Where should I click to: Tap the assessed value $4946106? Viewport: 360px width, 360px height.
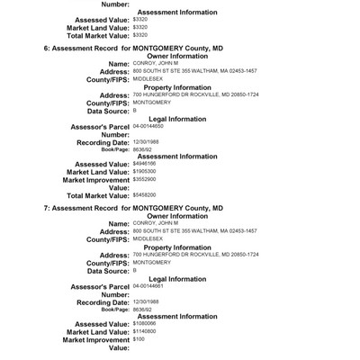[144, 163]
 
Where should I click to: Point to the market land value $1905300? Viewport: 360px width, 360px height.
[144, 170]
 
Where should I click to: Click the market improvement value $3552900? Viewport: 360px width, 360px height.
[144, 179]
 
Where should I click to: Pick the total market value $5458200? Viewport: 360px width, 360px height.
[144, 194]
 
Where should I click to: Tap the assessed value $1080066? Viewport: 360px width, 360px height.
[144, 320]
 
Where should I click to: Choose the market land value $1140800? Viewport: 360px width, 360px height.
[144, 328]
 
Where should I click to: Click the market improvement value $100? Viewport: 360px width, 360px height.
[139, 337]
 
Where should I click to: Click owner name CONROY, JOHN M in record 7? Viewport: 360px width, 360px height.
[154, 221]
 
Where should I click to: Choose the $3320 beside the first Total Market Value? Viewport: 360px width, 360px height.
[139, 34]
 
